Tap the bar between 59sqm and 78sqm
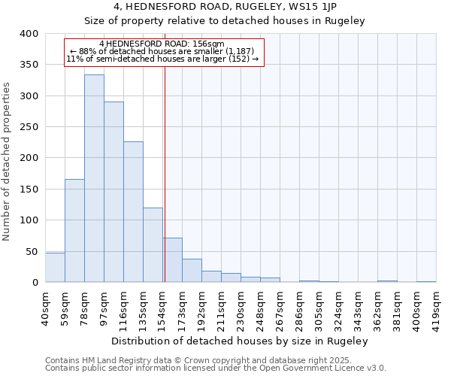tap(74, 230)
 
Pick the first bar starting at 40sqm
tap(55, 268)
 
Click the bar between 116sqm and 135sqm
tap(133, 212)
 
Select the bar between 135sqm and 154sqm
tap(153, 245)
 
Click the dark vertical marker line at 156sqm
tap(165, 173)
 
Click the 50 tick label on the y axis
tap(32, 251)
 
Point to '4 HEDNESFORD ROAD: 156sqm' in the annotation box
tap(162, 44)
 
